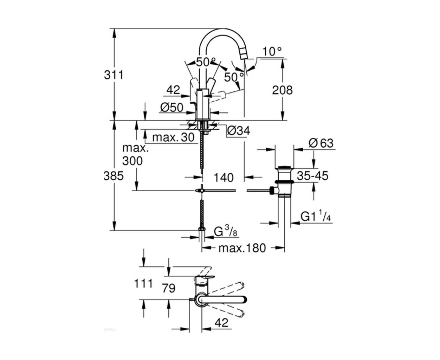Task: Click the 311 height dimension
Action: (x=114, y=75)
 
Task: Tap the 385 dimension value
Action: (x=114, y=176)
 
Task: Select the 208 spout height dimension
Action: (x=282, y=90)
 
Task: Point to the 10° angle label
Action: (x=272, y=52)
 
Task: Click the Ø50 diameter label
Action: (x=172, y=108)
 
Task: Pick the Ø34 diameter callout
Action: (x=238, y=131)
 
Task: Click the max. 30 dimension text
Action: (x=173, y=137)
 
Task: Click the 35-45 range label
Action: (x=312, y=175)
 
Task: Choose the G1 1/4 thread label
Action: (x=316, y=217)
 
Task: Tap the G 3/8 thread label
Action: (x=226, y=232)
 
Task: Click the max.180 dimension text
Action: (x=242, y=248)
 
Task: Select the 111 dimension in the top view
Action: (x=143, y=283)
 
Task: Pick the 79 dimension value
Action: (x=168, y=288)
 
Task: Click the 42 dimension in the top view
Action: (x=221, y=322)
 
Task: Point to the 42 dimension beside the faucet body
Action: (x=173, y=90)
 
